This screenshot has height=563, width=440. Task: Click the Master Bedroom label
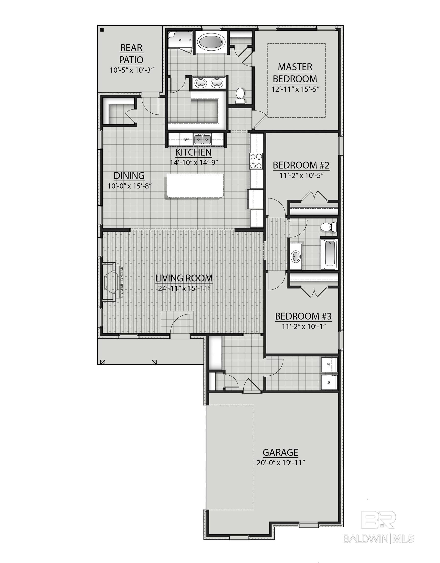click(x=295, y=73)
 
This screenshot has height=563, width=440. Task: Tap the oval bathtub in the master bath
click(x=211, y=43)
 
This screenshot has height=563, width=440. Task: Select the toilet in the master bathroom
click(x=240, y=96)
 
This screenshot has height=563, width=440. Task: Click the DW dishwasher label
click(x=186, y=140)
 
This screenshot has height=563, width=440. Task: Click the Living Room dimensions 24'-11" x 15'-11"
click(x=184, y=288)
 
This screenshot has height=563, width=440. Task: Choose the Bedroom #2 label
click(x=301, y=165)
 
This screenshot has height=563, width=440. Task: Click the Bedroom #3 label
click(x=303, y=316)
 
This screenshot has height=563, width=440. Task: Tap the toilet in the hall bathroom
click(x=328, y=227)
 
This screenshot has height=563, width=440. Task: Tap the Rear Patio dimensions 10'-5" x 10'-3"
click(x=132, y=70)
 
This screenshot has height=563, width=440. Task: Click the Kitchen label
click(x=193, y=152)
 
